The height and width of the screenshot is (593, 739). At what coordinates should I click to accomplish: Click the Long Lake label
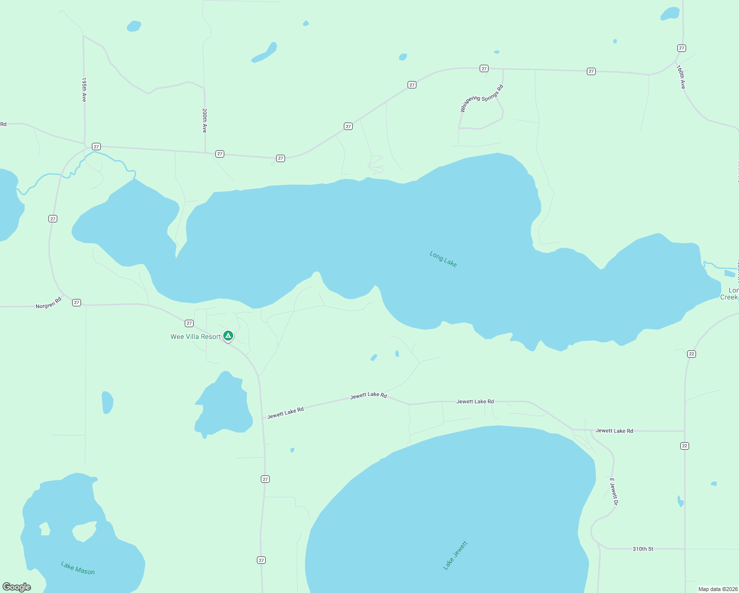click(x=443, y=259)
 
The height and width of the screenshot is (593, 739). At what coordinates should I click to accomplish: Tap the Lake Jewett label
click(x=455, y=555)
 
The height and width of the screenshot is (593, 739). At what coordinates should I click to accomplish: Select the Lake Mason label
click(x=78, y=568)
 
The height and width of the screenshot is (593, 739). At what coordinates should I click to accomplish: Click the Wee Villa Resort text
click(x=196, y=337)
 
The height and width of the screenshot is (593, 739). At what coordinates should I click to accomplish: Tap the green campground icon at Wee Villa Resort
click(x=228, y=336)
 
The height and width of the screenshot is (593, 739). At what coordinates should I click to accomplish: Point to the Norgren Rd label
click(x=48, y=303)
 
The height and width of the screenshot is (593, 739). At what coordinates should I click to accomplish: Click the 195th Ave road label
click(x=84, y=89)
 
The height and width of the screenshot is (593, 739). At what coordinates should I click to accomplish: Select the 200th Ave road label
click(x=205, y=121)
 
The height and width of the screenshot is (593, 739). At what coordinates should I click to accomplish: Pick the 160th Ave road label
click(x=681, y=77)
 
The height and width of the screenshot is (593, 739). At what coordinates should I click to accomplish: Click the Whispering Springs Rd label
click(x=481, y=98)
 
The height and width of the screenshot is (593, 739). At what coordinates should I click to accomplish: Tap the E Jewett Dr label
click(x=614, y=492)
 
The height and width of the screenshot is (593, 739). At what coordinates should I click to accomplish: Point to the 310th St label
click(x=643, y=549)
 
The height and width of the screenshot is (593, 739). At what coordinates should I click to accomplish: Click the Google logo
click(x=17, y=587)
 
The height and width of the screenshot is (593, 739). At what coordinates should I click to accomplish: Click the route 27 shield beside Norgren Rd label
click(x=77, y=302)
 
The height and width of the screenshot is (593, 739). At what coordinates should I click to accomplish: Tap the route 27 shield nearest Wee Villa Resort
click(x=189, y=323)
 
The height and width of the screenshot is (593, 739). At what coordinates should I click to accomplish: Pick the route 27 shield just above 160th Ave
click(x=682, y=48)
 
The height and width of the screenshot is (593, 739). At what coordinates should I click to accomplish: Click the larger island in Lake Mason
click(x=84, y=531)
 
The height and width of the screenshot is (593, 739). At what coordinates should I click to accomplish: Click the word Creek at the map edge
click(x=729, y=297)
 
